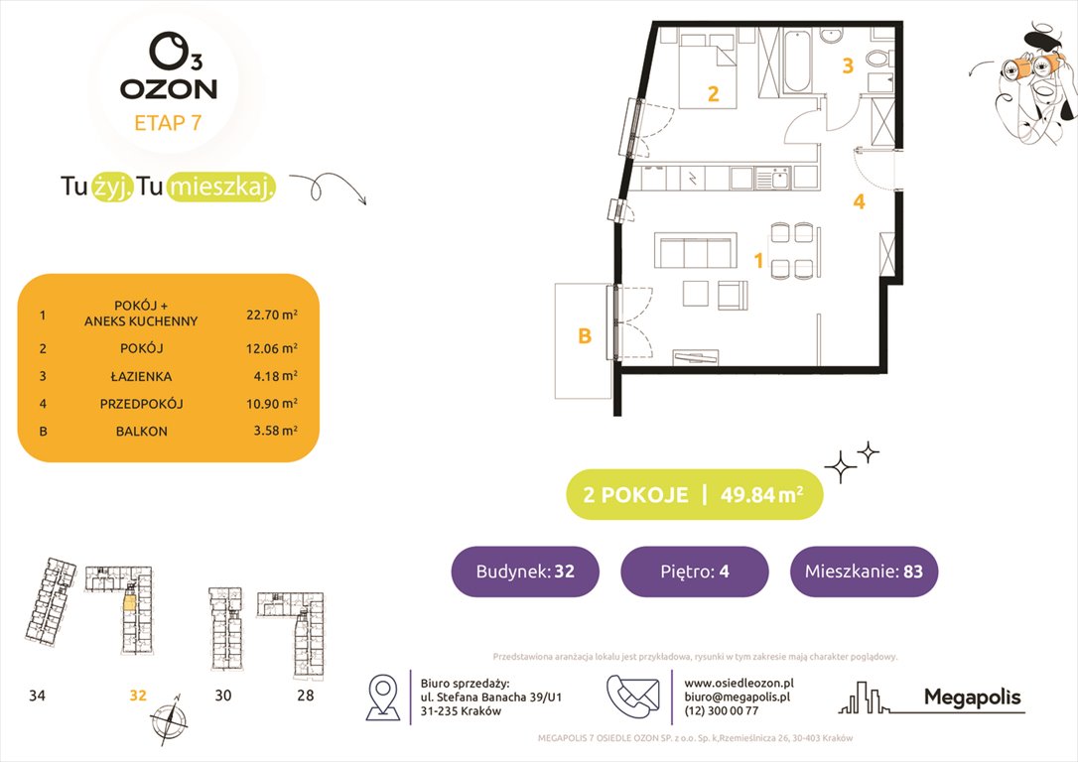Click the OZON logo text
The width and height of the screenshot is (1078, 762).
169,88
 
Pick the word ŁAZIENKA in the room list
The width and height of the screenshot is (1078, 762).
142,376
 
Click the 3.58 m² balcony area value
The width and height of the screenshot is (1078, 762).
272,432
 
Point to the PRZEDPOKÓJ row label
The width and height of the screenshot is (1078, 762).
142,404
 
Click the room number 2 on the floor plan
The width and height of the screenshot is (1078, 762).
713,95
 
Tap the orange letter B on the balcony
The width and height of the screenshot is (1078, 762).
585,337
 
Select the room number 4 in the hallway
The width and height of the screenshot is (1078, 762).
859,202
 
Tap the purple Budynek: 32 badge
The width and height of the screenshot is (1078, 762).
525,571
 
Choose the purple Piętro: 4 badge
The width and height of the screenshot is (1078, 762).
694,571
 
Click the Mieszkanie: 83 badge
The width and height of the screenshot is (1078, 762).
864,571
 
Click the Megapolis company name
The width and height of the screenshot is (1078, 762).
972,698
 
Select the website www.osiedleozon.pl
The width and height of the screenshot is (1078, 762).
740,683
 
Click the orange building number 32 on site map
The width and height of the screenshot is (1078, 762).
137,696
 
